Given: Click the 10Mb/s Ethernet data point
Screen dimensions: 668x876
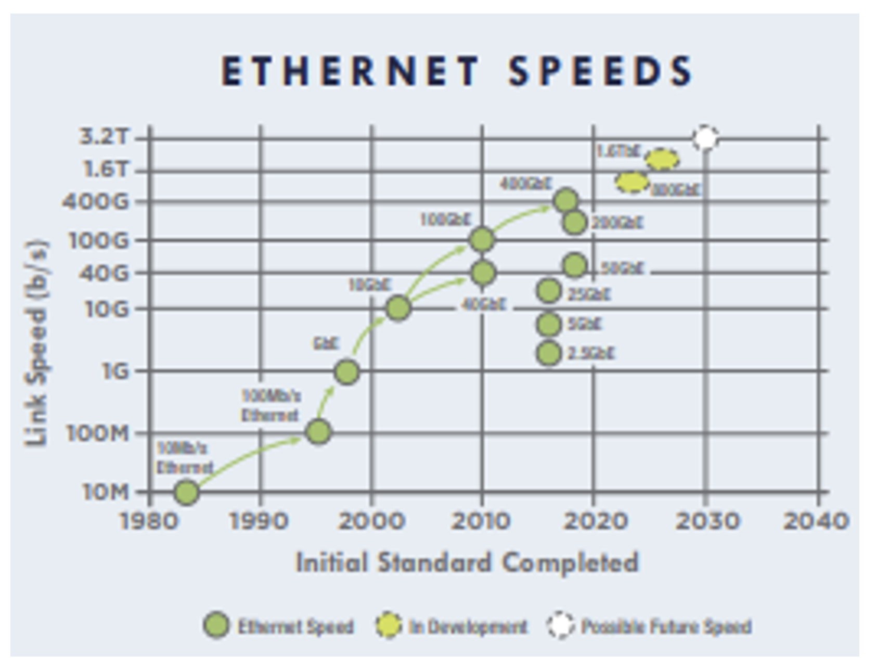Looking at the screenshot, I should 186,492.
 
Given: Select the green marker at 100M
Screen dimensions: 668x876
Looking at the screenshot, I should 318,431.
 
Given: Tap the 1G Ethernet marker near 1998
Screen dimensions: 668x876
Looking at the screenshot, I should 347,372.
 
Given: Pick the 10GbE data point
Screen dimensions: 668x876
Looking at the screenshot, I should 398,308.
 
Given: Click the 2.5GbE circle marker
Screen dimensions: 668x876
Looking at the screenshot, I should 549,353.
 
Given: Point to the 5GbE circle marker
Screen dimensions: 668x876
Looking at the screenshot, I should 549,324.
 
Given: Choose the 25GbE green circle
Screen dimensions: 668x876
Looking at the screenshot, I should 549,291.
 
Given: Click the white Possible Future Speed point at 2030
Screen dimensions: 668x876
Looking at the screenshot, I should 706,138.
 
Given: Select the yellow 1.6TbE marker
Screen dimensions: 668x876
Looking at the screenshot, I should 662,159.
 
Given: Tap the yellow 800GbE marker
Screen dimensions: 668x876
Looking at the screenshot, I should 632,182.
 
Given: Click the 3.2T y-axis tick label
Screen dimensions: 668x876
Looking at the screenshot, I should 103,137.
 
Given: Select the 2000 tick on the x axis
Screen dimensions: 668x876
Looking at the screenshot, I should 370,521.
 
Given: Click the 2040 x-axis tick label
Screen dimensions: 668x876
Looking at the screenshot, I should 816,521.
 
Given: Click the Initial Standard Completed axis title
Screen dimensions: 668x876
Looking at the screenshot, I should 467,563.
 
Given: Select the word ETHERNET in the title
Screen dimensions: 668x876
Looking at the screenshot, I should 350,71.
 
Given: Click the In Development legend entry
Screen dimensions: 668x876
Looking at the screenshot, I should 467,627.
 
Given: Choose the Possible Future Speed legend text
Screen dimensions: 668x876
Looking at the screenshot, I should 666,627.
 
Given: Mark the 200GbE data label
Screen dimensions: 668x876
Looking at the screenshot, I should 617,223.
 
